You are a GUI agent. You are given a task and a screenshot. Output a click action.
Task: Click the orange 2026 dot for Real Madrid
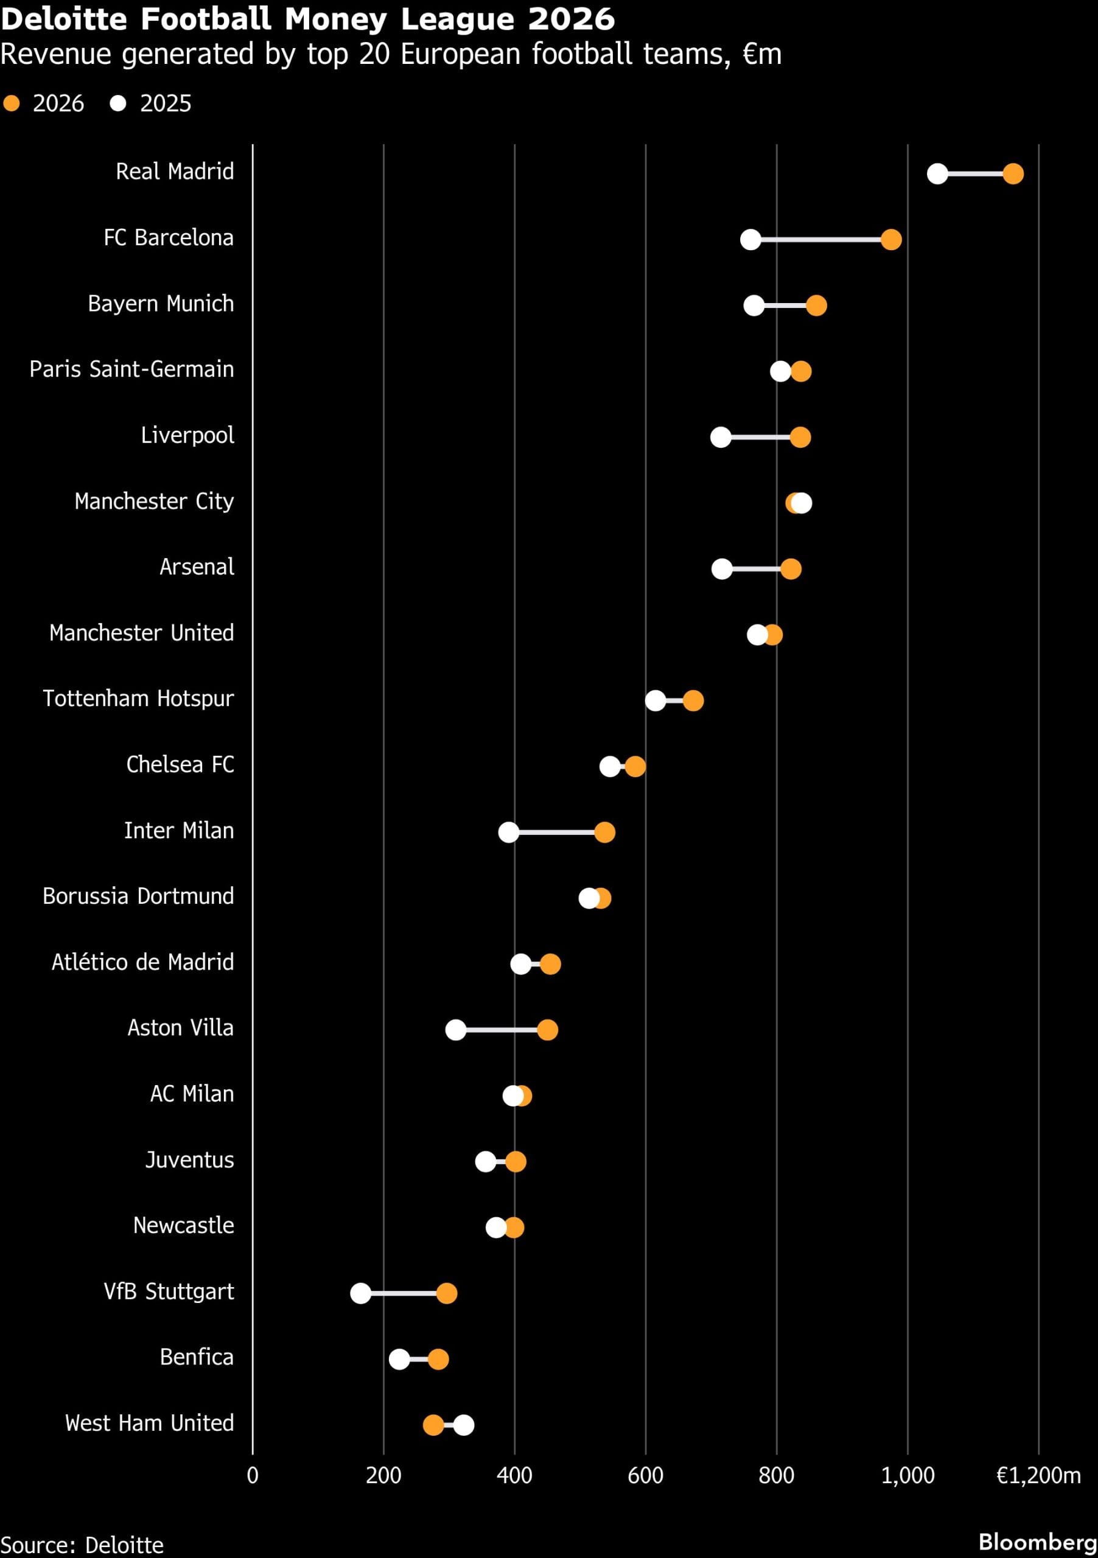1013,173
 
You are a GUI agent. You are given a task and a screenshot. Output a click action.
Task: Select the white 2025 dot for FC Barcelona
750,240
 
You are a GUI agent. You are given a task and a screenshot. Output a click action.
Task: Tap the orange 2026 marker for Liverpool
800,437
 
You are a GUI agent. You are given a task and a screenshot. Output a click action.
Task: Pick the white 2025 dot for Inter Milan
508,832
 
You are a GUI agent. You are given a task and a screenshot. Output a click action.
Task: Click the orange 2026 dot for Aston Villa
547,1030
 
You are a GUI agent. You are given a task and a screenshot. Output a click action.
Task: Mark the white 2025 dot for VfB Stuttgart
360,1293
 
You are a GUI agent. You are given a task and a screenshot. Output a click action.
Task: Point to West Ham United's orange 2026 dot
433,1425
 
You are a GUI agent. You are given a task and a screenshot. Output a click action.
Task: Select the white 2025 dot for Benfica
399,1359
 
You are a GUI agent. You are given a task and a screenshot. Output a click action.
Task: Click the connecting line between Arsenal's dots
756,568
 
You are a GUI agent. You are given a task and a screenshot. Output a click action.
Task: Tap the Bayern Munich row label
160,303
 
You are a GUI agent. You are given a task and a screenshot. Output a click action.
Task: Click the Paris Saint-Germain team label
131,369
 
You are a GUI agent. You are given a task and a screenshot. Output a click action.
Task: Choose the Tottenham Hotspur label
138,698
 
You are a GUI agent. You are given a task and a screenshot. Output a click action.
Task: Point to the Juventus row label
189,1160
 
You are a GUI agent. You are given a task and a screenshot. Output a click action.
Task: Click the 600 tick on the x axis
645,1475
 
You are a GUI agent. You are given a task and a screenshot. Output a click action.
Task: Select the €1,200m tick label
1038,1475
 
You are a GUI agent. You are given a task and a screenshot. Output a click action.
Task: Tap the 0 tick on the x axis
253,1475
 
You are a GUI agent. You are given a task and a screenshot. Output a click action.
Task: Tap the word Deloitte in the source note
124,1545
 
